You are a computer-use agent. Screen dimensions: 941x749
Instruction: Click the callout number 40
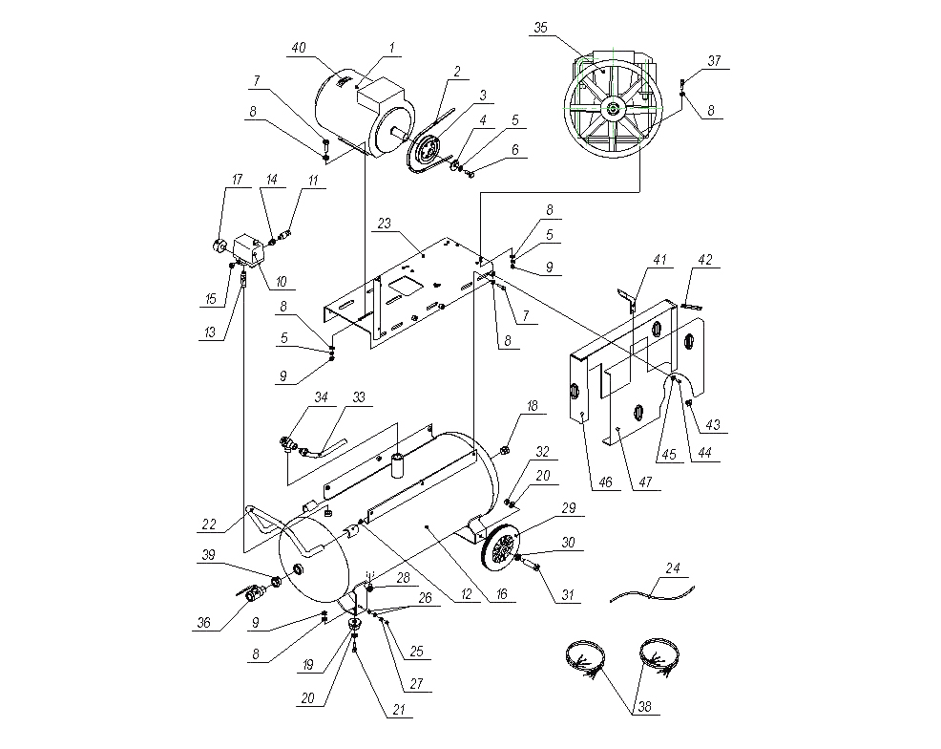pos(299,48)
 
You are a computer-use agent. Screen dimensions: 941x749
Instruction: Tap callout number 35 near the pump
pos(541,28)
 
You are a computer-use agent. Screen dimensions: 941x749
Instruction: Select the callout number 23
pos(384,224)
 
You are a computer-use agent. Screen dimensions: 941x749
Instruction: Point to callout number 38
pos(644,706)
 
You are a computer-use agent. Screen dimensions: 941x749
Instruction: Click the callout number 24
pos(673,568)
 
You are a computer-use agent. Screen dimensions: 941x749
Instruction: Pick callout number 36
pos(204,622)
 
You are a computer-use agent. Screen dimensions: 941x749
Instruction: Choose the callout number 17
pos(237,180)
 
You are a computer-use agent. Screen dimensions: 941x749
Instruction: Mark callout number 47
pos(645,481)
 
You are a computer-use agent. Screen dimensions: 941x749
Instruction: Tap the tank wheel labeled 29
pos(500,546)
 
